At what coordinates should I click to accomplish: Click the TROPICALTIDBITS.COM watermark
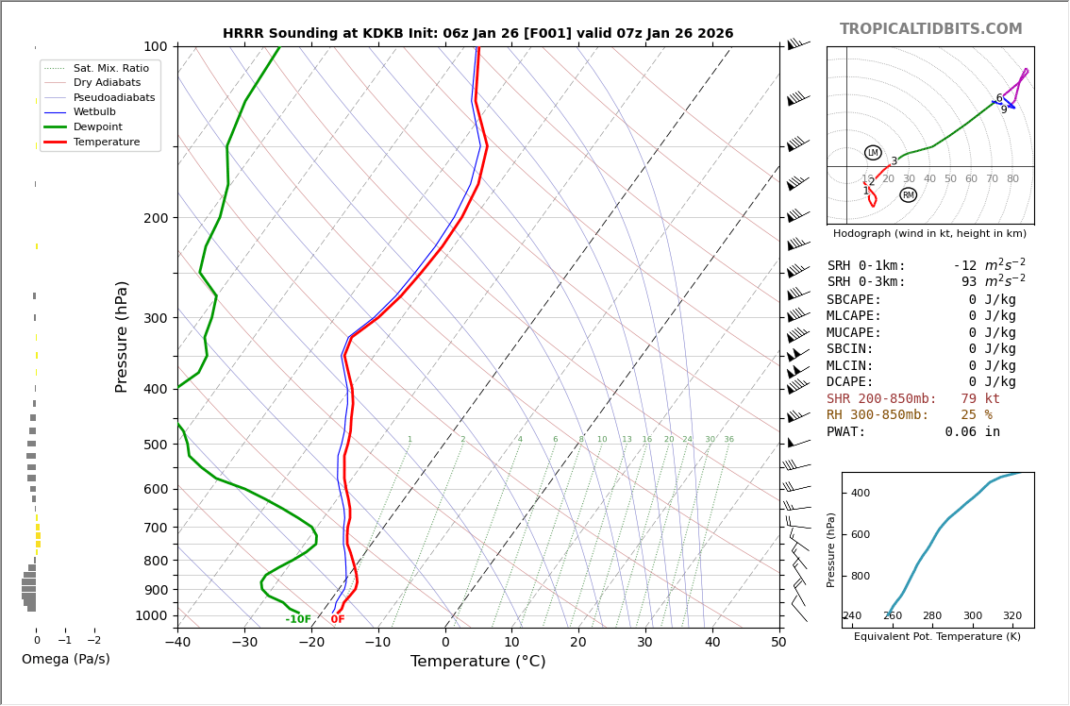(x=930, y=29)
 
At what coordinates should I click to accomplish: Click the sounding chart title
(x=477, y=34)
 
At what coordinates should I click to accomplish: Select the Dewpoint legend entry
(x=97, y=126)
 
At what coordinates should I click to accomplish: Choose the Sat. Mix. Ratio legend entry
(x=110, y=68)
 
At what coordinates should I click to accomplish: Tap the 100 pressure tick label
(x=155, y=46)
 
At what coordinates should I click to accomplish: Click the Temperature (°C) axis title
(x=477, y=663)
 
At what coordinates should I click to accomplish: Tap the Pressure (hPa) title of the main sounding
(x=122, y=336)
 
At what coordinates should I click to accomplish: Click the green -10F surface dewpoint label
(x=298, y=620)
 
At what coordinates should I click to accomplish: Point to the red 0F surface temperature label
(x=338, y=620)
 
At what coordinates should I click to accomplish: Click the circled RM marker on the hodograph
(x=908, y=195)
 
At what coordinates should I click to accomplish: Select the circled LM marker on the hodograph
(x=873, y=153)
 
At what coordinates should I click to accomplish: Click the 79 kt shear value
(x=979, y=399)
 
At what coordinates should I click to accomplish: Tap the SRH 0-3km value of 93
(x=969, y=282)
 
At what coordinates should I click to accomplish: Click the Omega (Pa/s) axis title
(x=65, y=660)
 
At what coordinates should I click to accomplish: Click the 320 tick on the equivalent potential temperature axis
(x=1011, y=616)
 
